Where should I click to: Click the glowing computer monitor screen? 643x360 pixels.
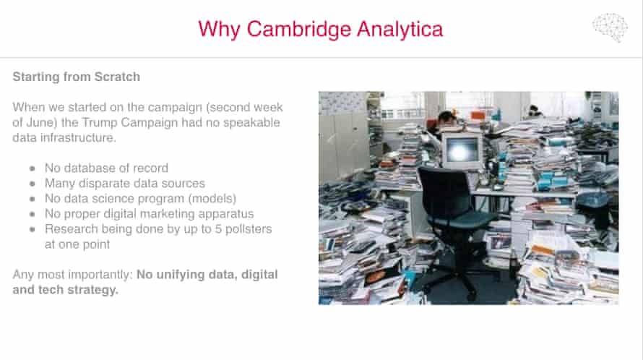462,150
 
